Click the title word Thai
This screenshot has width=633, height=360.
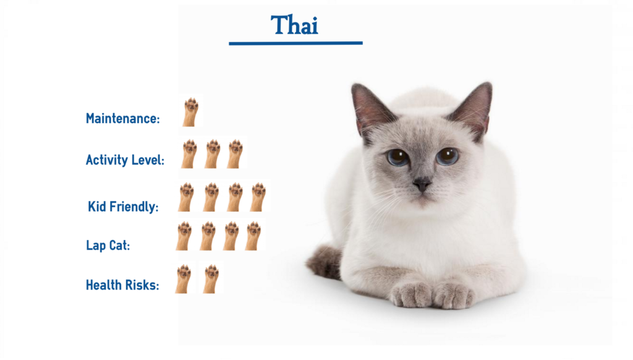pyautogui.click(x=294, y=25)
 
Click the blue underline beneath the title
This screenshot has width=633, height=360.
pyautogui.click(x=295, y=43)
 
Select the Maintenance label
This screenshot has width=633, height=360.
pyautogui.click(x=122, y=118)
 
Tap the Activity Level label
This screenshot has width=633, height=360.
pyautogui.click(x=125, y=160)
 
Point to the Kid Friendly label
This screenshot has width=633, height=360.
pyautogui.click(x=123, y=207)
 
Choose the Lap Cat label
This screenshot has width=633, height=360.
pyautogui.click(x=108, y=245)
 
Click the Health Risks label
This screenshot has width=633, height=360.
pyautogui.click(x=122, y=285)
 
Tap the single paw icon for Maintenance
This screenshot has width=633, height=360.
pyautogui.click(x=190, y=112)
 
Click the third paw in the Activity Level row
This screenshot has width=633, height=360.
pyautogui.click(x=235, y=153)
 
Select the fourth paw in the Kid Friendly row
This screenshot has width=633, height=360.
pyautogui.click(x=258, y=197)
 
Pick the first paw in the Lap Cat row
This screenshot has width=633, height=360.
pyautogui.click(x=184, y=236)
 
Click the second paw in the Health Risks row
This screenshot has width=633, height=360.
pyautogui.click(x=211, y=278)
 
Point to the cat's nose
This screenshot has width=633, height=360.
pyautogui.click(x=422, y=184)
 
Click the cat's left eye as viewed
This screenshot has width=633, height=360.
pyautogui.click(x=398, y=157)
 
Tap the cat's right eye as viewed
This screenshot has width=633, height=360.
pyautogui.click(x=447, y=156)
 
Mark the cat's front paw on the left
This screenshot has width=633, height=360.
pyautogui.click(x=410, y=294)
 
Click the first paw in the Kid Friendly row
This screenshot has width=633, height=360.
pyautogui.click(x=186, y=197)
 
